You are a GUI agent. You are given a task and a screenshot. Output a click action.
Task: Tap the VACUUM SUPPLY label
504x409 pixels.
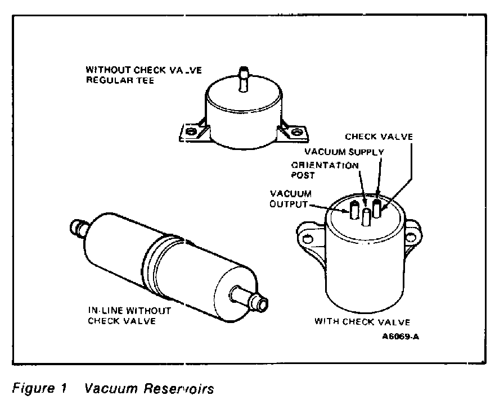[x=344, y=152]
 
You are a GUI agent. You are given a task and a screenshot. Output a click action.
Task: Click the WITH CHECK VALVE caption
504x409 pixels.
[x=362, y=322]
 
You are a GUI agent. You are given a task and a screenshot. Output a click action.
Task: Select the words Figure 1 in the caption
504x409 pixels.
[x=34, y=389]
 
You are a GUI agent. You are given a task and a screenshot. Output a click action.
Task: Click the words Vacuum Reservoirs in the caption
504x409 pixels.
[x=148, y=389]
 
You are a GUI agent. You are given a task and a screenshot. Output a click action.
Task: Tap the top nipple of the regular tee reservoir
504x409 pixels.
[x=244, y=78]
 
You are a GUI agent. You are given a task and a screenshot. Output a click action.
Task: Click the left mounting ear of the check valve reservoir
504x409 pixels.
[x=307, y=235]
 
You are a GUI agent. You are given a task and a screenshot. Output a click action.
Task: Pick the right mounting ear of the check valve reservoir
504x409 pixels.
[x=412, y=230]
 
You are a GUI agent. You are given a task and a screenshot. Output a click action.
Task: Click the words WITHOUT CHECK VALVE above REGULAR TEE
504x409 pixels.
[x=144, y=70]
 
